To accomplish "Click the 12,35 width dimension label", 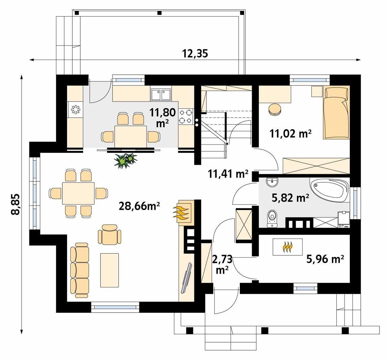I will [195, 53].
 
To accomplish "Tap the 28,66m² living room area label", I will [139, 206].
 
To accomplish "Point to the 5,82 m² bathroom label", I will [290, 198].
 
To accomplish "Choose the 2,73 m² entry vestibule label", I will [222, 264].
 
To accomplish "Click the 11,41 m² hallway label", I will [228, 174].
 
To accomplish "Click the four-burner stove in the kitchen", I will [186, 116].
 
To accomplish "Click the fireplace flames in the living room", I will [183, 212].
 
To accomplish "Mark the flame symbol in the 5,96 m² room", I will [287, 247].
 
